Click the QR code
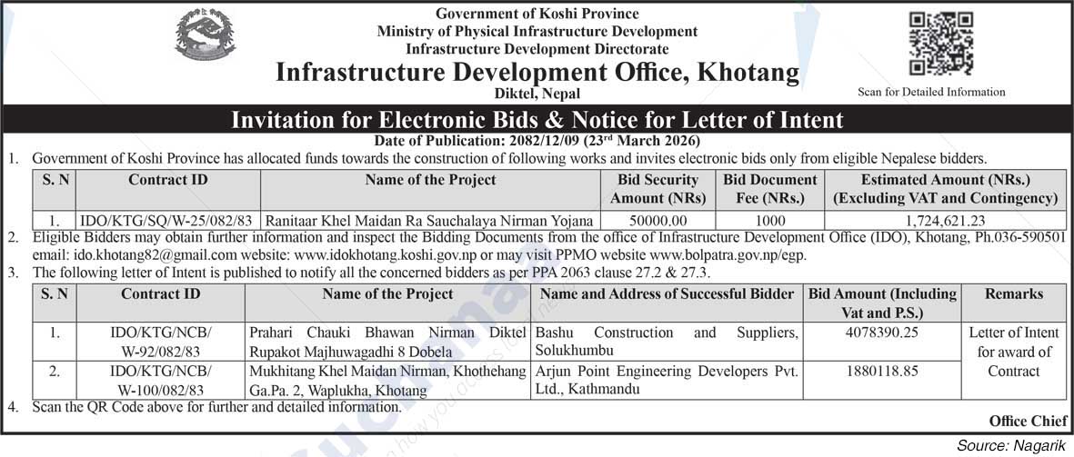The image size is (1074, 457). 941,44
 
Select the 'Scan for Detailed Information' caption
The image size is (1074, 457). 931,92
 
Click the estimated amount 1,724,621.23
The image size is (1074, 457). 946,220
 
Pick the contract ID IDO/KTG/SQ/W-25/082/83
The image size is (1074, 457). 167,220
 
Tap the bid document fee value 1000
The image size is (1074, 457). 770,220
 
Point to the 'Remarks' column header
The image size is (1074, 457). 1013,294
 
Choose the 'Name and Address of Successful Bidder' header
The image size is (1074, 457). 667,294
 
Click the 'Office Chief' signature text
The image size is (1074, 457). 1021,421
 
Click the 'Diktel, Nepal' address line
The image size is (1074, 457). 537,94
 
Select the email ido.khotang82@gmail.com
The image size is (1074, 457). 116,255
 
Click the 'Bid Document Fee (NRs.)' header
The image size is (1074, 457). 770,189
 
